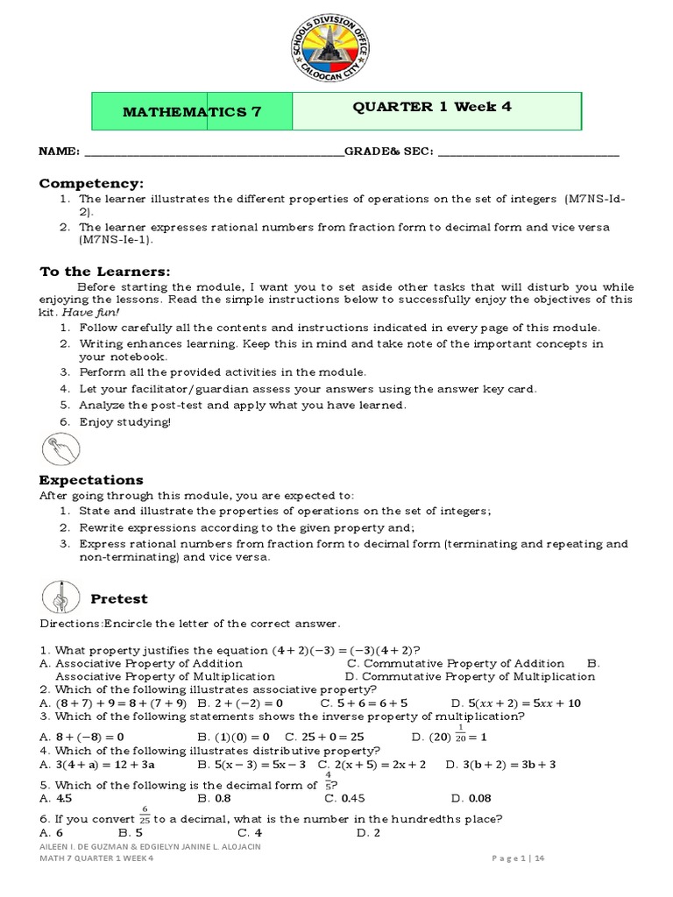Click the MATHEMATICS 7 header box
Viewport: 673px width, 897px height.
click(192, 111)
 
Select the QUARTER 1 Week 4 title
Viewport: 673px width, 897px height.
click(432, 107)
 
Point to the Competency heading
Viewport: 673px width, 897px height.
click(90, 183)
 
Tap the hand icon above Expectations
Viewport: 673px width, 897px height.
click(59, 449)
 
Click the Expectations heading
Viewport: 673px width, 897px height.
click(91, 480)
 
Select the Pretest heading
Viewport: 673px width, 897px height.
click(119, 599)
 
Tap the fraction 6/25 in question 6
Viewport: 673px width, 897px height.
click(144, 816)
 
